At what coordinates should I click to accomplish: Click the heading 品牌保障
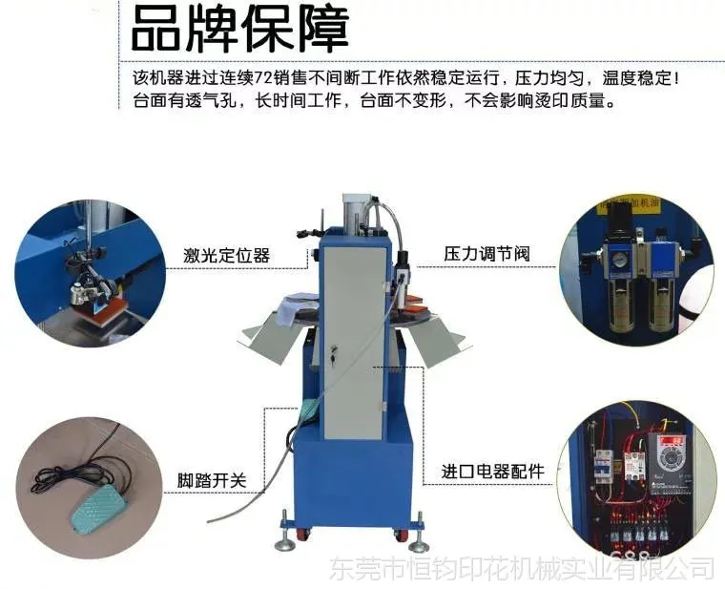239,29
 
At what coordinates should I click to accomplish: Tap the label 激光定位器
227,255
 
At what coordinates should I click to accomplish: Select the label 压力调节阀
487,254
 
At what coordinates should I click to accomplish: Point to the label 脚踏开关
212,480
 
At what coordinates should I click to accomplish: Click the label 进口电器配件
493,472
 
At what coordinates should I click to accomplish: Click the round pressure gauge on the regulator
617,261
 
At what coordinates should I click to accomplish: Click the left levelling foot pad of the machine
285,545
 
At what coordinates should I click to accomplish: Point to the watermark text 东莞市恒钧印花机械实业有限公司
522,569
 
